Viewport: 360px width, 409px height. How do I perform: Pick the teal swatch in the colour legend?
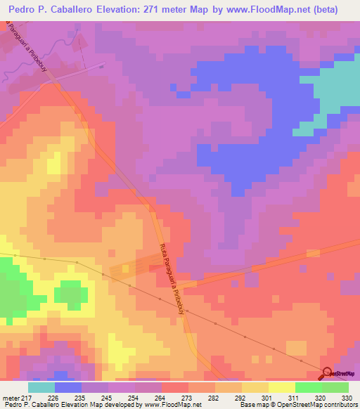41,387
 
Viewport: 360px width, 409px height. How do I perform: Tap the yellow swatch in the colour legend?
281,387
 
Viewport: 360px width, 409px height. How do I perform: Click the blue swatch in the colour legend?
67,387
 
